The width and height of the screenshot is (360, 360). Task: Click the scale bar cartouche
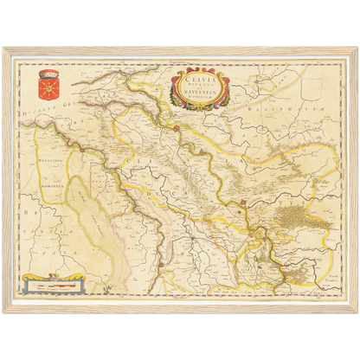pyautogui.click(x=54, y=282)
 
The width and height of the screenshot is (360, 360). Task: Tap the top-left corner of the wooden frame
pyautogui.click(x=4, y=45)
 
